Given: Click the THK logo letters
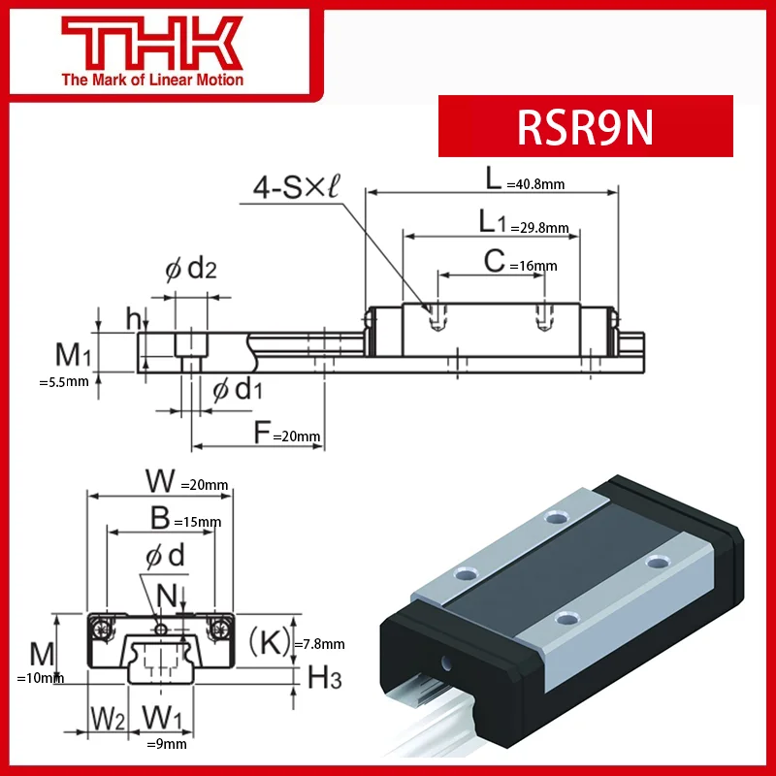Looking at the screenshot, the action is click(151, 43).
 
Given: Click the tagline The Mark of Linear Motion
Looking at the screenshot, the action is click(152, 80).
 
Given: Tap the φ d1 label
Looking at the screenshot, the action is click(238, 389).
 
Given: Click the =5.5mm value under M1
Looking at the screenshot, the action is click(63, 381).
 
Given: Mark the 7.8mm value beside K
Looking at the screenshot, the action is click(322, 643).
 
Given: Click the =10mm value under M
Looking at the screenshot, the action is click(41, 678).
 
